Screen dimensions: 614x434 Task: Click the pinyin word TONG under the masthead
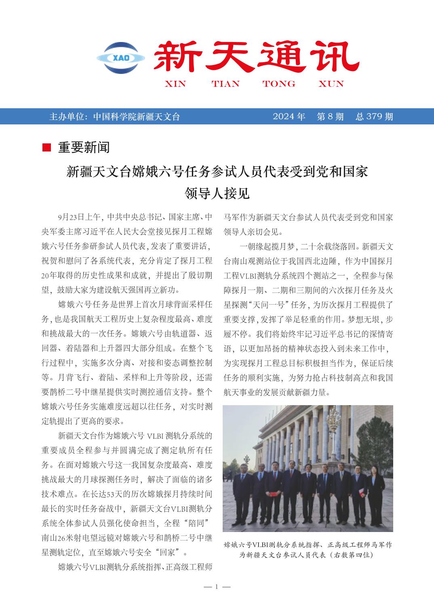(278, 84)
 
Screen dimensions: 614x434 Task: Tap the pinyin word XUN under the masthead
(331, 84)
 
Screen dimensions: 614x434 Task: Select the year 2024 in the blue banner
(283, 117)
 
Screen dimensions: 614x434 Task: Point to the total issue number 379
(374, 117)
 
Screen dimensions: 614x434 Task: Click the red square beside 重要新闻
(46, 148)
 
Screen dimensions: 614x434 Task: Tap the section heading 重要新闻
(84, 148)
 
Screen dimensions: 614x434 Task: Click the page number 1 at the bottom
(217, 587)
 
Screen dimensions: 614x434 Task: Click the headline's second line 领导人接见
(217, 193)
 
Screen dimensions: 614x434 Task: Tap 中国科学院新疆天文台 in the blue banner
(136, 117)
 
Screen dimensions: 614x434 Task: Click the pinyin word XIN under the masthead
(175, 84)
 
